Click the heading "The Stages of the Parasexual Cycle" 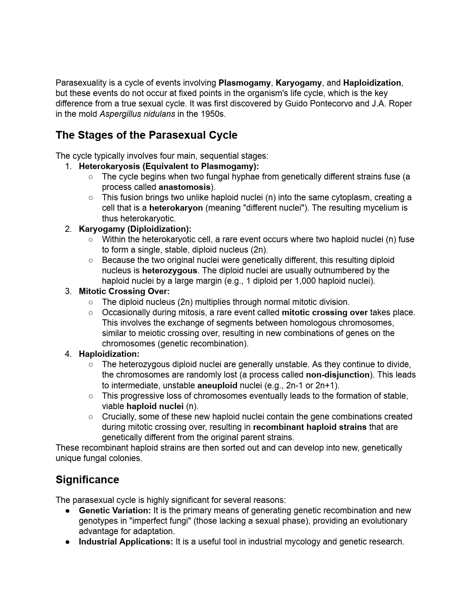(x=146, y=135)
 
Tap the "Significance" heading (x=87, y=480)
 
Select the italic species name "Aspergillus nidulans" (x=137, y=114)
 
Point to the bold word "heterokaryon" (x=176, y=208)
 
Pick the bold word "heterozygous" (x=170, y=270)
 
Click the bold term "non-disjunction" (x=338, y=375)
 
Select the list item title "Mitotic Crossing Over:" (x=124, y=291)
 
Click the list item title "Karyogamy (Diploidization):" (x=135, y=229)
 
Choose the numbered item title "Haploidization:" (x=109, y=354)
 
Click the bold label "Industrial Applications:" (x=126, y=542)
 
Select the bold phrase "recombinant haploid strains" (x=309, y=427)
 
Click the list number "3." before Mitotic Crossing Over (x=68, y=291)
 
